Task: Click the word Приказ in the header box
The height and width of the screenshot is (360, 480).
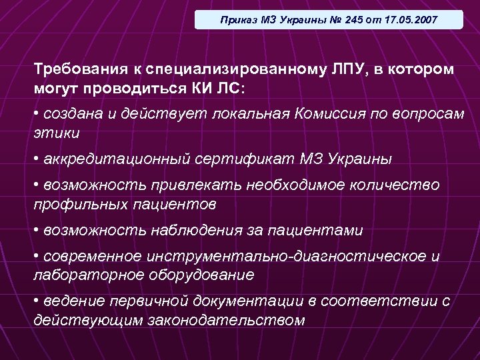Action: (237, 20)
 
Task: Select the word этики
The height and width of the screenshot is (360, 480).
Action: (57, 132)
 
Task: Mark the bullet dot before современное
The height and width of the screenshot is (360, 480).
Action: (37, 256)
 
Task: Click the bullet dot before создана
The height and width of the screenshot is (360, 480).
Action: (37, 113)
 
